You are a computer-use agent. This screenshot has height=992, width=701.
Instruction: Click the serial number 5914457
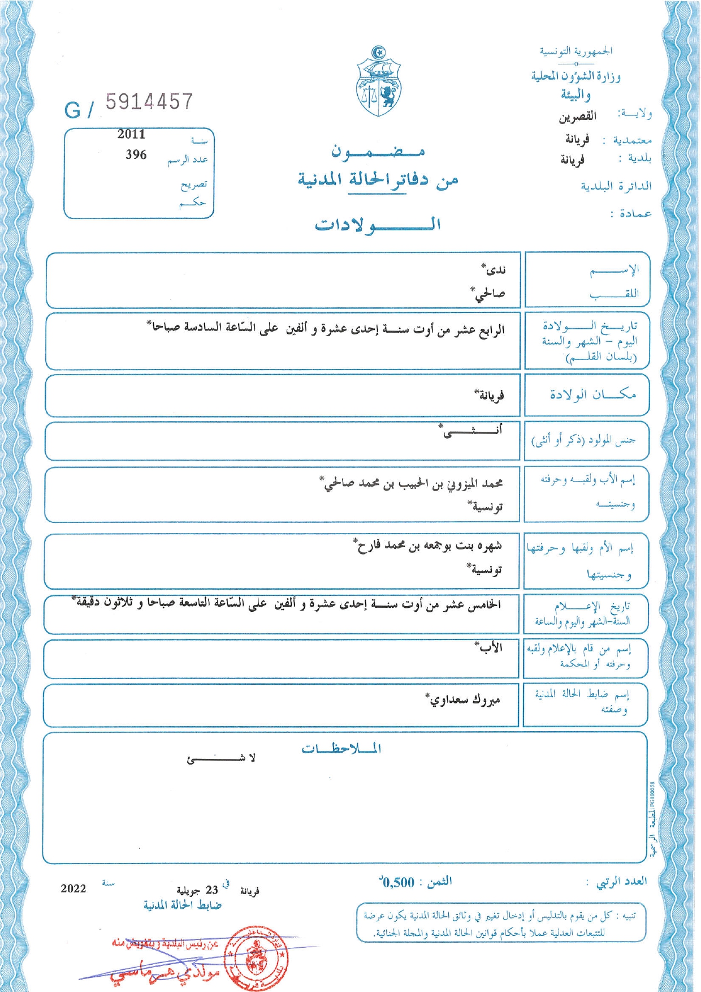(x=149, y=102)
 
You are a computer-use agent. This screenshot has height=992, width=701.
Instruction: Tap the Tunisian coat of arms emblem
(x=379, y=82)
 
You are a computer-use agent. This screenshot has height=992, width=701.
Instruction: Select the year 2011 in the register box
(x=131, y=134)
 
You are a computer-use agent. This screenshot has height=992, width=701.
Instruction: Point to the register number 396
(x=136, y=154)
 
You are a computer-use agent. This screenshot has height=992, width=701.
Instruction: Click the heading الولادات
(x=378, y=225)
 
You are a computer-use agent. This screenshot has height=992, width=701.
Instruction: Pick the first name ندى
(x=494, y=270)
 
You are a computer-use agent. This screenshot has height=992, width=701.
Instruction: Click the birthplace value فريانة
(x=490, y=395)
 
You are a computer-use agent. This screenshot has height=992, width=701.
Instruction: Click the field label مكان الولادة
(x=593, y=394)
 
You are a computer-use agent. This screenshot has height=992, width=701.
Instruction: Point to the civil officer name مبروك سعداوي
(x=464, y=700)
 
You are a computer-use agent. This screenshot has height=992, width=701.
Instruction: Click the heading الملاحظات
(x=341, y=749)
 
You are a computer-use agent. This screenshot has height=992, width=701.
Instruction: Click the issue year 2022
(x=73, y=888)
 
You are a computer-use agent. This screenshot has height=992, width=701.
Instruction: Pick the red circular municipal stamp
(x=257, y=957)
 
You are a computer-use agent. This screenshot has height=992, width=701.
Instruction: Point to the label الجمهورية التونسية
(x=575, y=51)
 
